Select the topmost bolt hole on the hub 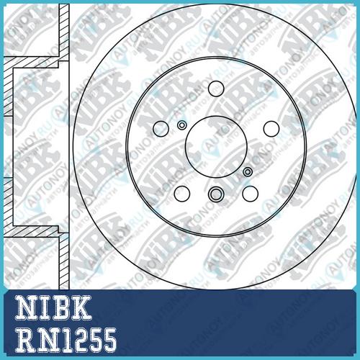click(216, 89)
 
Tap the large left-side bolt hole click(161, 129)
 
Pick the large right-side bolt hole click(271, 129)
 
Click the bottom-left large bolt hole click(182, 194)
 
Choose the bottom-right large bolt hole click(250, 194)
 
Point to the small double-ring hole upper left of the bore click(181, 125)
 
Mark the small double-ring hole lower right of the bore click(248, 171)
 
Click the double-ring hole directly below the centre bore click(216, 194)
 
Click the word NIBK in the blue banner click(53, 307)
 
